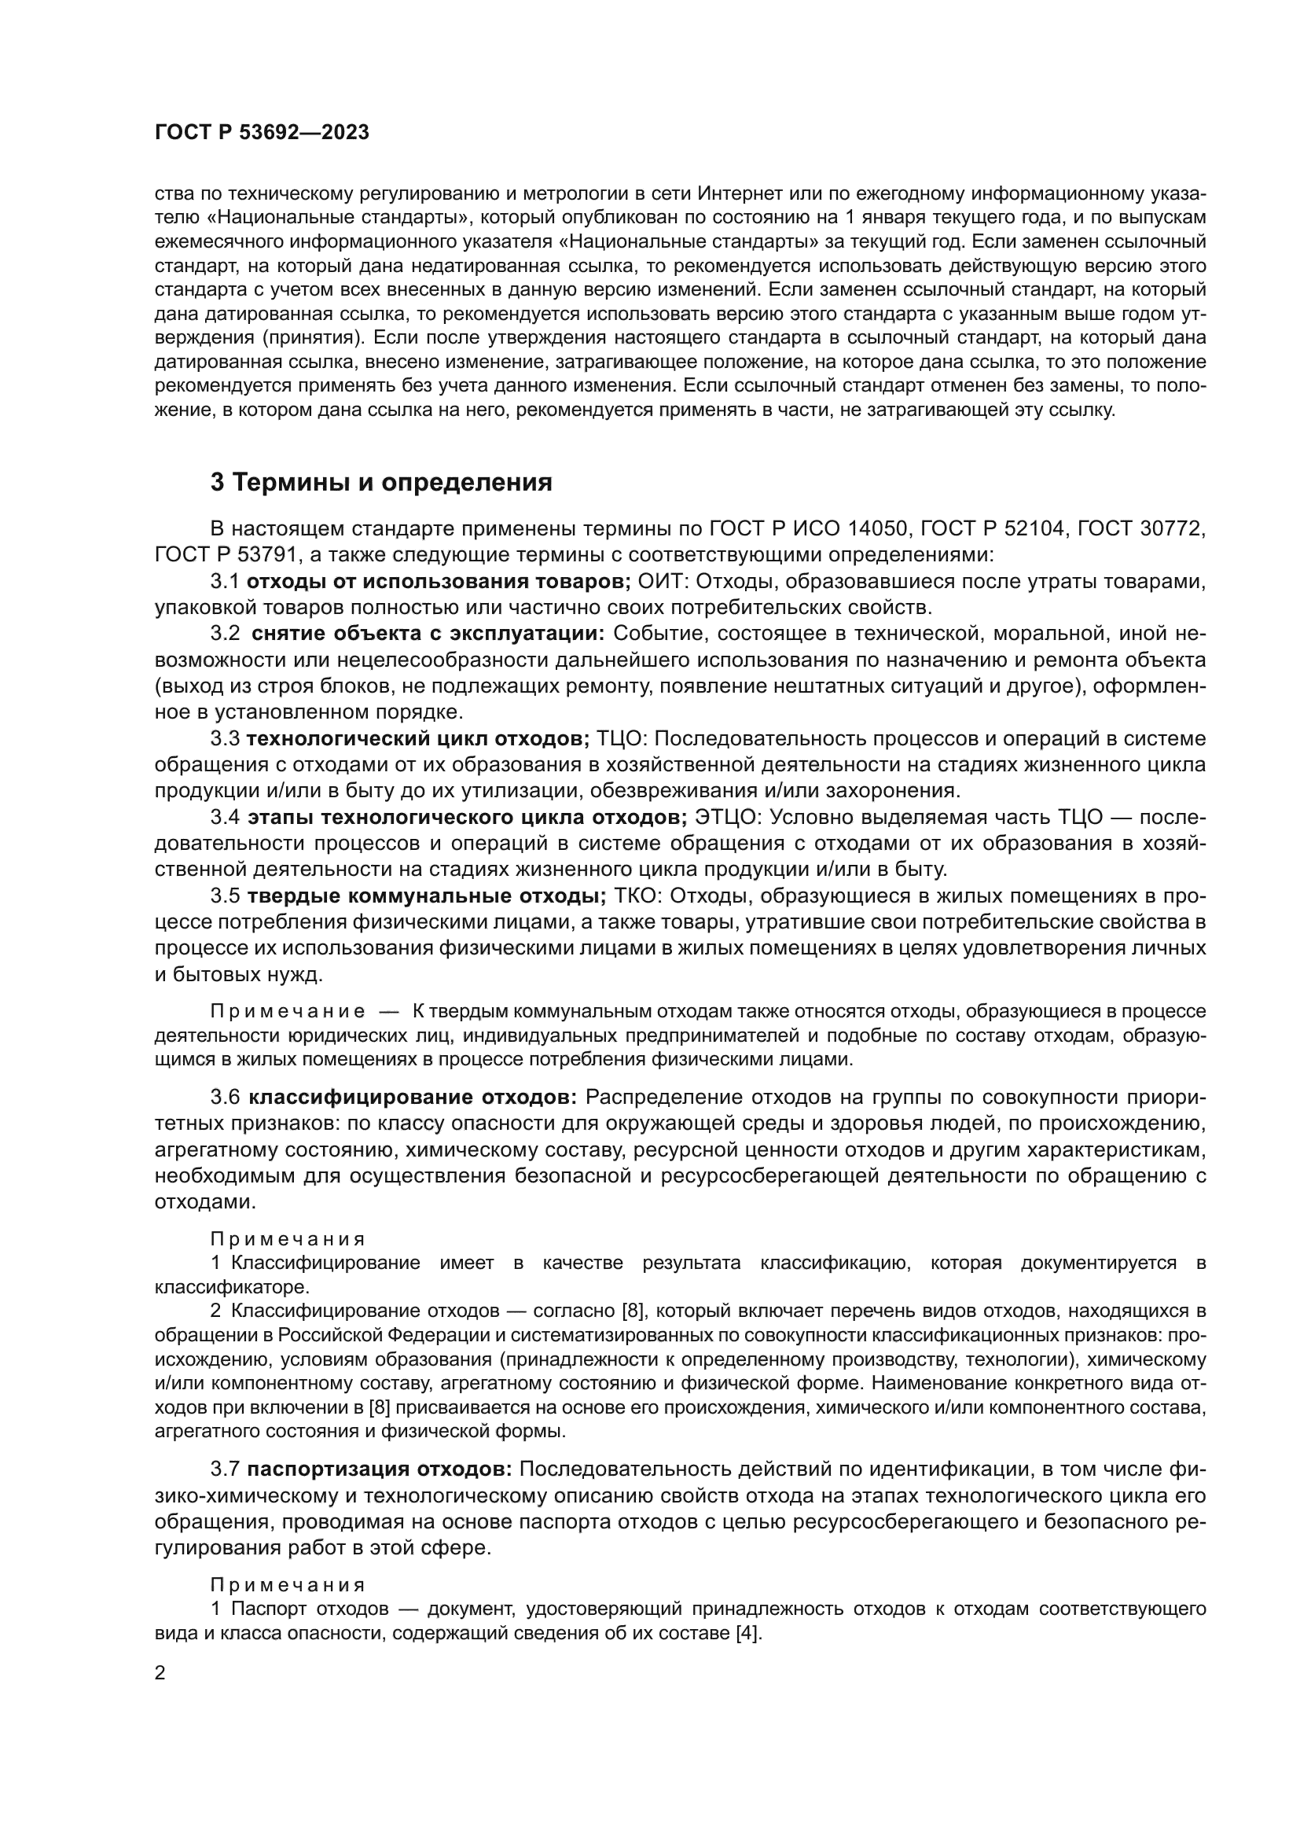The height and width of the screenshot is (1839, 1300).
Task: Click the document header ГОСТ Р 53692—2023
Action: point(262,133)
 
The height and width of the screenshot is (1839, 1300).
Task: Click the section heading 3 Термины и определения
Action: point(381,482)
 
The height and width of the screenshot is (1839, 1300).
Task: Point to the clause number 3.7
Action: point(225,1469)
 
